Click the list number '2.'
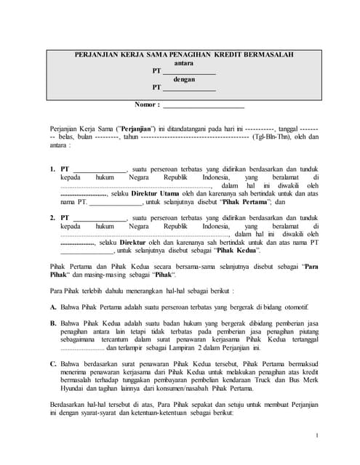[53, 217]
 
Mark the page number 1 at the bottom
[317, 434]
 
